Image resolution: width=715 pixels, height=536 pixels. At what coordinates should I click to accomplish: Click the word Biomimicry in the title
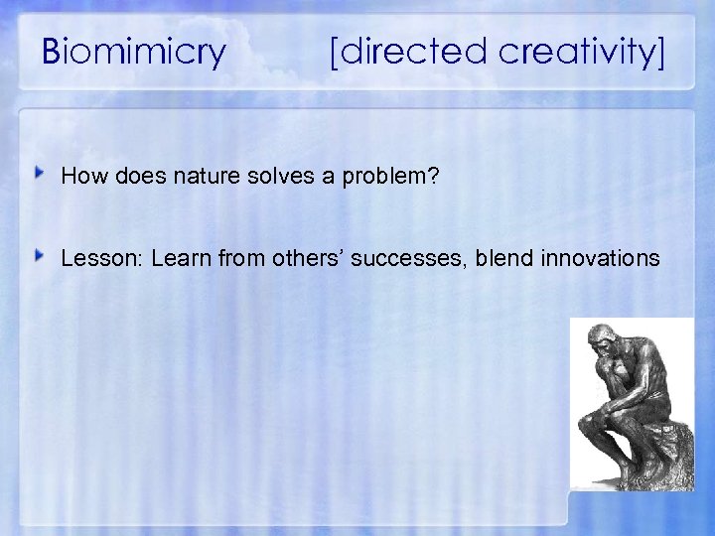pyautogui.click(x=135, y=52)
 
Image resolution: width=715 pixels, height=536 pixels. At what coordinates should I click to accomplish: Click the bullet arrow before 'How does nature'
pyautogui.click(x=40, y=175)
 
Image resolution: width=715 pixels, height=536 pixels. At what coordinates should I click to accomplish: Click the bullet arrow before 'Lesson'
pyautogui.click(x=40, y=257)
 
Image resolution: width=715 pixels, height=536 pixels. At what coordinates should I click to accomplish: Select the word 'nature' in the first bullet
pyautogui.click(x=200, y=177)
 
